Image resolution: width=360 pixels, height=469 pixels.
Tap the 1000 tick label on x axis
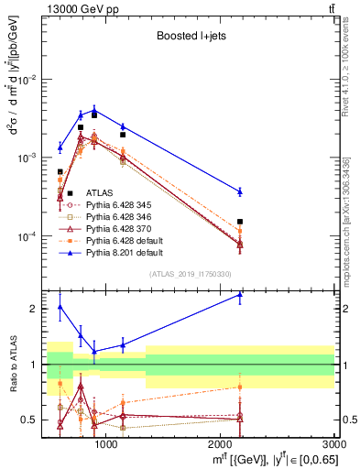[106, 444]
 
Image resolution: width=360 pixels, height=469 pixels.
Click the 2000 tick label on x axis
[221, 444]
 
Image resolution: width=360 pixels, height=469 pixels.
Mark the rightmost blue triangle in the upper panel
[240, 191]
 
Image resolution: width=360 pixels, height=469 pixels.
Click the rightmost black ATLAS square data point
[240, 222]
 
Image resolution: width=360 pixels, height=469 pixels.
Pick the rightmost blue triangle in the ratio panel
[240, 295]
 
